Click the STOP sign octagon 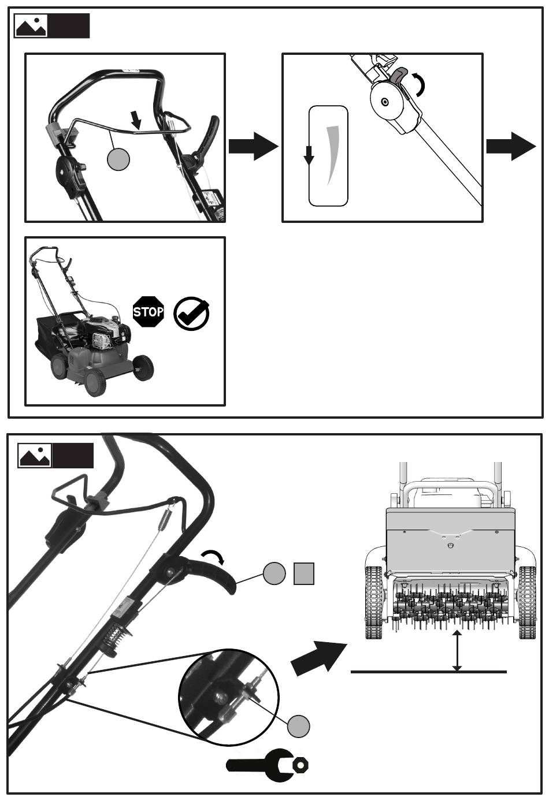point(148,311)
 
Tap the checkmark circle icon point(191,313)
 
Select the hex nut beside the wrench point(301,765)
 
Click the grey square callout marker point(304,573)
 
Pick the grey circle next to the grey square point(274,573)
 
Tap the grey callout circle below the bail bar point(118,159)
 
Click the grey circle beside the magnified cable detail point(298,727)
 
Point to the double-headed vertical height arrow point(457,650)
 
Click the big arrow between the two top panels point(253,146)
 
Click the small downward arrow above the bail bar point(136,120)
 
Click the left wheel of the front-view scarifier point(374,602)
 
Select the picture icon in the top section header point(31,26)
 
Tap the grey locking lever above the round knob point(399,77)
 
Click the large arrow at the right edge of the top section point(511,146)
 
